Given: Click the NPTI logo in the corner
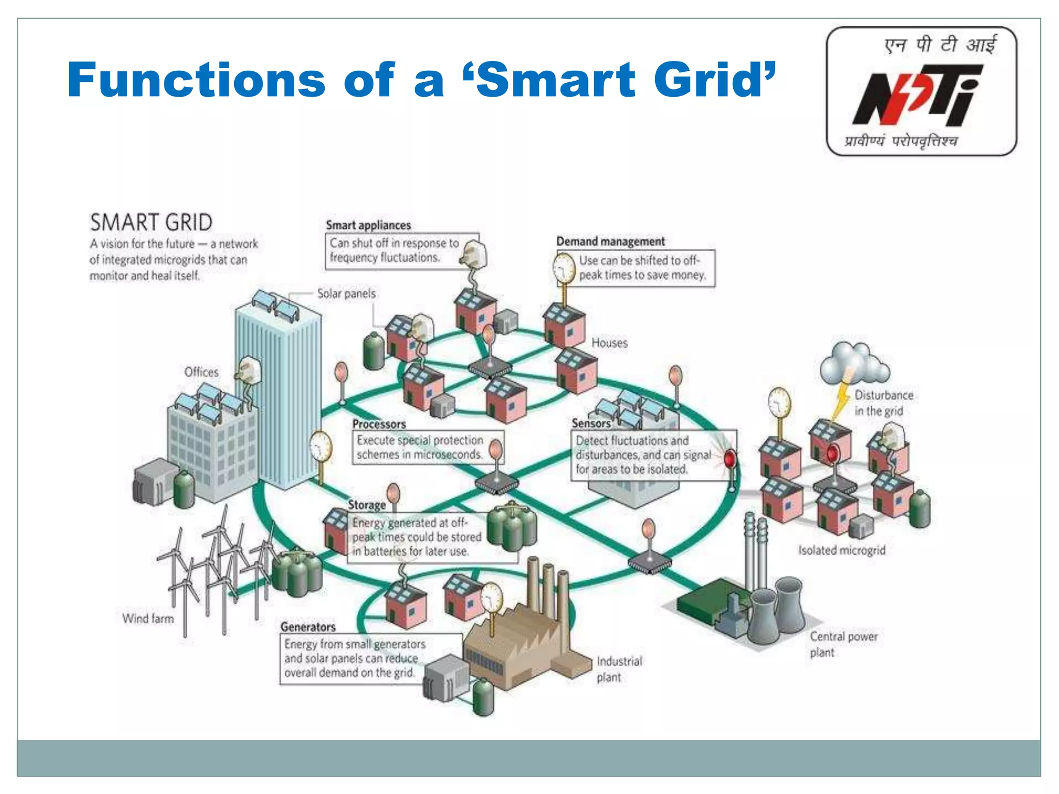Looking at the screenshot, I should pos(921,92).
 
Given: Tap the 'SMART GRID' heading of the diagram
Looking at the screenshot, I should pos(151,223).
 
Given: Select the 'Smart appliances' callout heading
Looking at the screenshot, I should pos(368,225).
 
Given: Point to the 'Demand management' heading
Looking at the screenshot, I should pos(610,241).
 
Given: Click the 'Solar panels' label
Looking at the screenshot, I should pos(346,294).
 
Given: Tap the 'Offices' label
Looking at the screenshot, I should pos(201,372).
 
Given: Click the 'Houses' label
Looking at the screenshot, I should pos(609,343).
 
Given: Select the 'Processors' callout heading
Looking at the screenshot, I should pos(379,424).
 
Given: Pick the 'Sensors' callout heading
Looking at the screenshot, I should pos(591,423).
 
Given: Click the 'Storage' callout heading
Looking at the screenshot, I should pos(367,505).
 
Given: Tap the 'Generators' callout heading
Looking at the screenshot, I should pos(308,627).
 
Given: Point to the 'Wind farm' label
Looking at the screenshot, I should pos(148,618).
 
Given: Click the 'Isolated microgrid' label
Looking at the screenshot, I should pos(841,550).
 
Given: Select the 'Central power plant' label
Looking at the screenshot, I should pos(843,644).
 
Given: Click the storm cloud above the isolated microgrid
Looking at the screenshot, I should pos(854,361).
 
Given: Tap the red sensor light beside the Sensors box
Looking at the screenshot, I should pos(729,459).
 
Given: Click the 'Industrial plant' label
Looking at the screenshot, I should pos(618,669).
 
